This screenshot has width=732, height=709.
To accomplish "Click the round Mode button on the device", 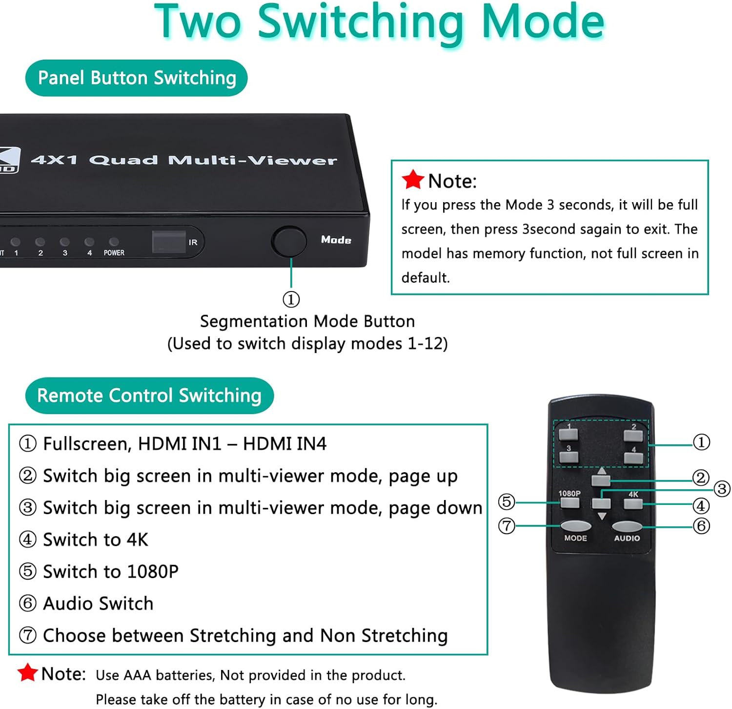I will coord(289,241).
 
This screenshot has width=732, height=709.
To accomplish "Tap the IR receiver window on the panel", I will coord(169,242).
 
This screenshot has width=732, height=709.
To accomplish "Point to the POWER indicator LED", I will coord(114,242).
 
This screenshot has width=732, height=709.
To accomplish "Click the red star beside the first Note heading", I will coord(413,180).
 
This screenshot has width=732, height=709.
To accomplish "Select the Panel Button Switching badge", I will coord(137,78).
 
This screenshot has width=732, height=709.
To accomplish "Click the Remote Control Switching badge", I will coord(149,396).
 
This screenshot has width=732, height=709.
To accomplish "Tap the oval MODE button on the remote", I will coord(576,526).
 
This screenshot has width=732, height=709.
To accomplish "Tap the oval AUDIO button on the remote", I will coord(627,526).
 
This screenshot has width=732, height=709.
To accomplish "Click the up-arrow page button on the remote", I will coord(601,480).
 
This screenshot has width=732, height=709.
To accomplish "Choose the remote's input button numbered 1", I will coord(569,434).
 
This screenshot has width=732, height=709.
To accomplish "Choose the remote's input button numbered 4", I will coord(633,458).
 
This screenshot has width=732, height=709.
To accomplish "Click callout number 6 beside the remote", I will coord(701,526).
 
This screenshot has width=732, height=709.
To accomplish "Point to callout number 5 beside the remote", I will coord(507,501).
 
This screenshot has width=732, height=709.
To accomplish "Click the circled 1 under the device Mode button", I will coord(291,299).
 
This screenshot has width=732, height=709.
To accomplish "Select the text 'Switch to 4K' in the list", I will coord(96,540).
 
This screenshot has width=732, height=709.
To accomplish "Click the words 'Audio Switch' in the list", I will coord(98,604).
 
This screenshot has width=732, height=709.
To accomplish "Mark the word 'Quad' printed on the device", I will coord(124,160).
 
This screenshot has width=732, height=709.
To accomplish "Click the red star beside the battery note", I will coord(28,673).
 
